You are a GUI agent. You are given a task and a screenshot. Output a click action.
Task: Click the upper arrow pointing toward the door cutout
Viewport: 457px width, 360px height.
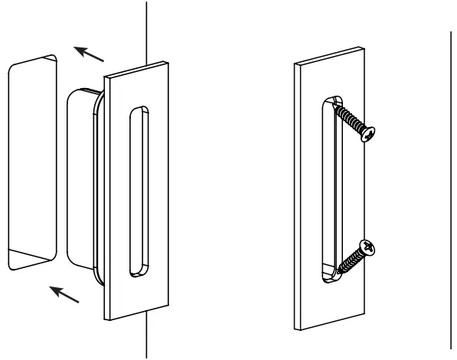click(90, 54)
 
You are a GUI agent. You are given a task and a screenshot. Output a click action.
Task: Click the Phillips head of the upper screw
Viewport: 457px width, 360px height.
click(370, 136)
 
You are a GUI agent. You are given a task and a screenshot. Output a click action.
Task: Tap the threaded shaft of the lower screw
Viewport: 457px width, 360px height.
click(349, 260)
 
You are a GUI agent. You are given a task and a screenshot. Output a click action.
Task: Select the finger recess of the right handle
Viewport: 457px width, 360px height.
click(329, 191)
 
